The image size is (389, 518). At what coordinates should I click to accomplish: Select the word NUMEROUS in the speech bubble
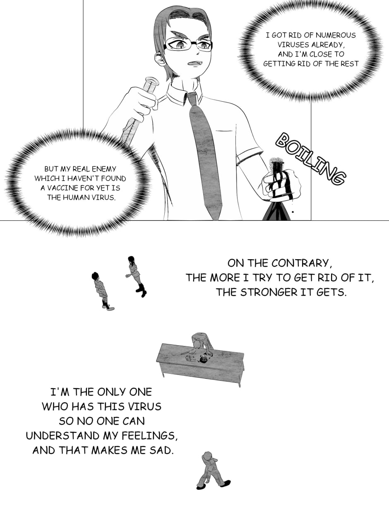335,35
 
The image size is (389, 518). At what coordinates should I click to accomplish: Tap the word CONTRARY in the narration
300,263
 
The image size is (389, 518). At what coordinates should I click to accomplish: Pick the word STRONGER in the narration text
269,292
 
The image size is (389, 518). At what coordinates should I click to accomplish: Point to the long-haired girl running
136,277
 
